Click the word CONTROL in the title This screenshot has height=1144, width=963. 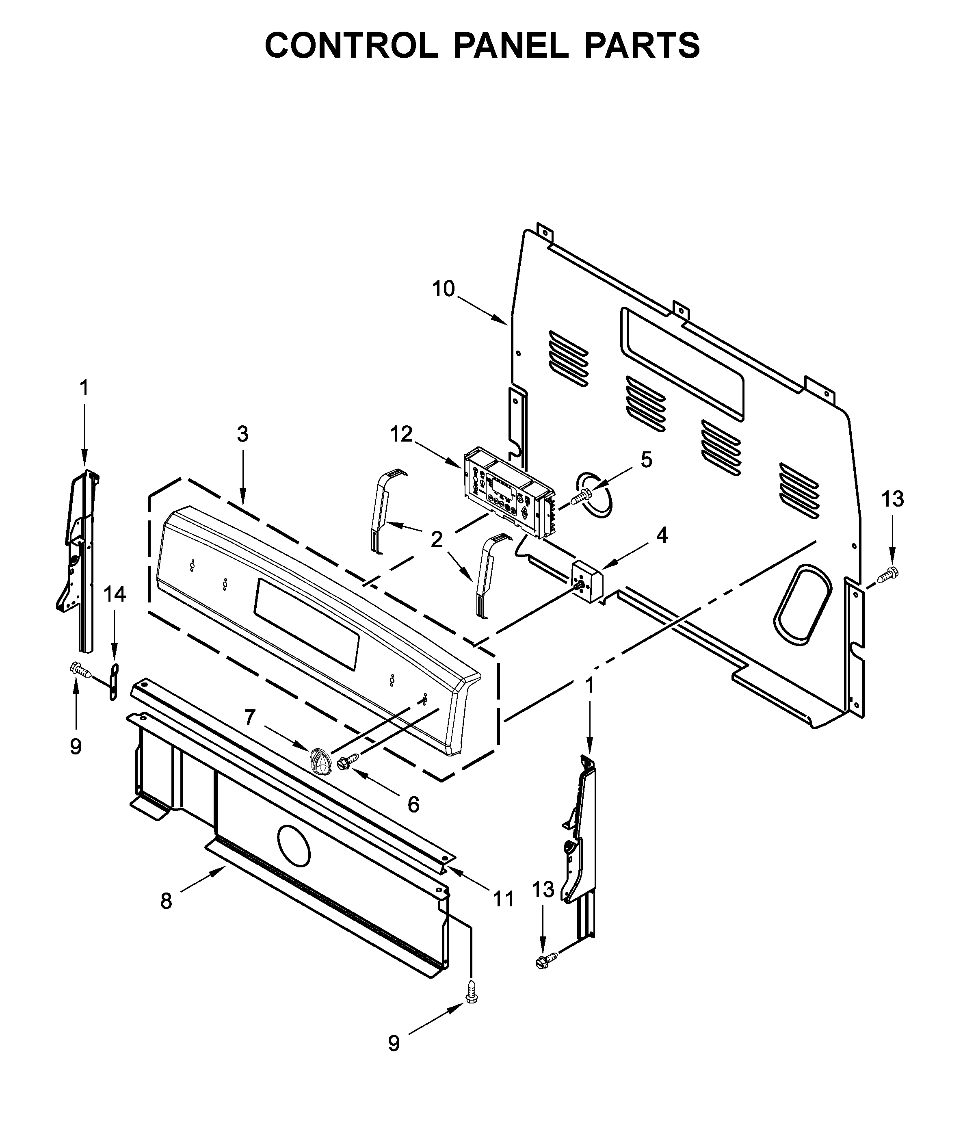tap(351, 46)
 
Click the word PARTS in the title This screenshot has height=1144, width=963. tap(642, 46)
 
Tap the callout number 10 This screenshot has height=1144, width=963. tap(443, 289)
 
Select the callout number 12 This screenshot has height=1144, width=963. tap(401, 434)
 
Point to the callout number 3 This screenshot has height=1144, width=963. tap(242, 434)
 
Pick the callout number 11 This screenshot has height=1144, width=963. tap(503, 898)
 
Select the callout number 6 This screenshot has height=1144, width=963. tap(413, 804)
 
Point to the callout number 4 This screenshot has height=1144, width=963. tap(662, 536)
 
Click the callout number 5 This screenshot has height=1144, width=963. tap(646, 460)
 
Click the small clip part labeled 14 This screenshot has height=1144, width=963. tap(114, 680)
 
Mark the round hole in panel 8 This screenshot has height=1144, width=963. tap(294, 846)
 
